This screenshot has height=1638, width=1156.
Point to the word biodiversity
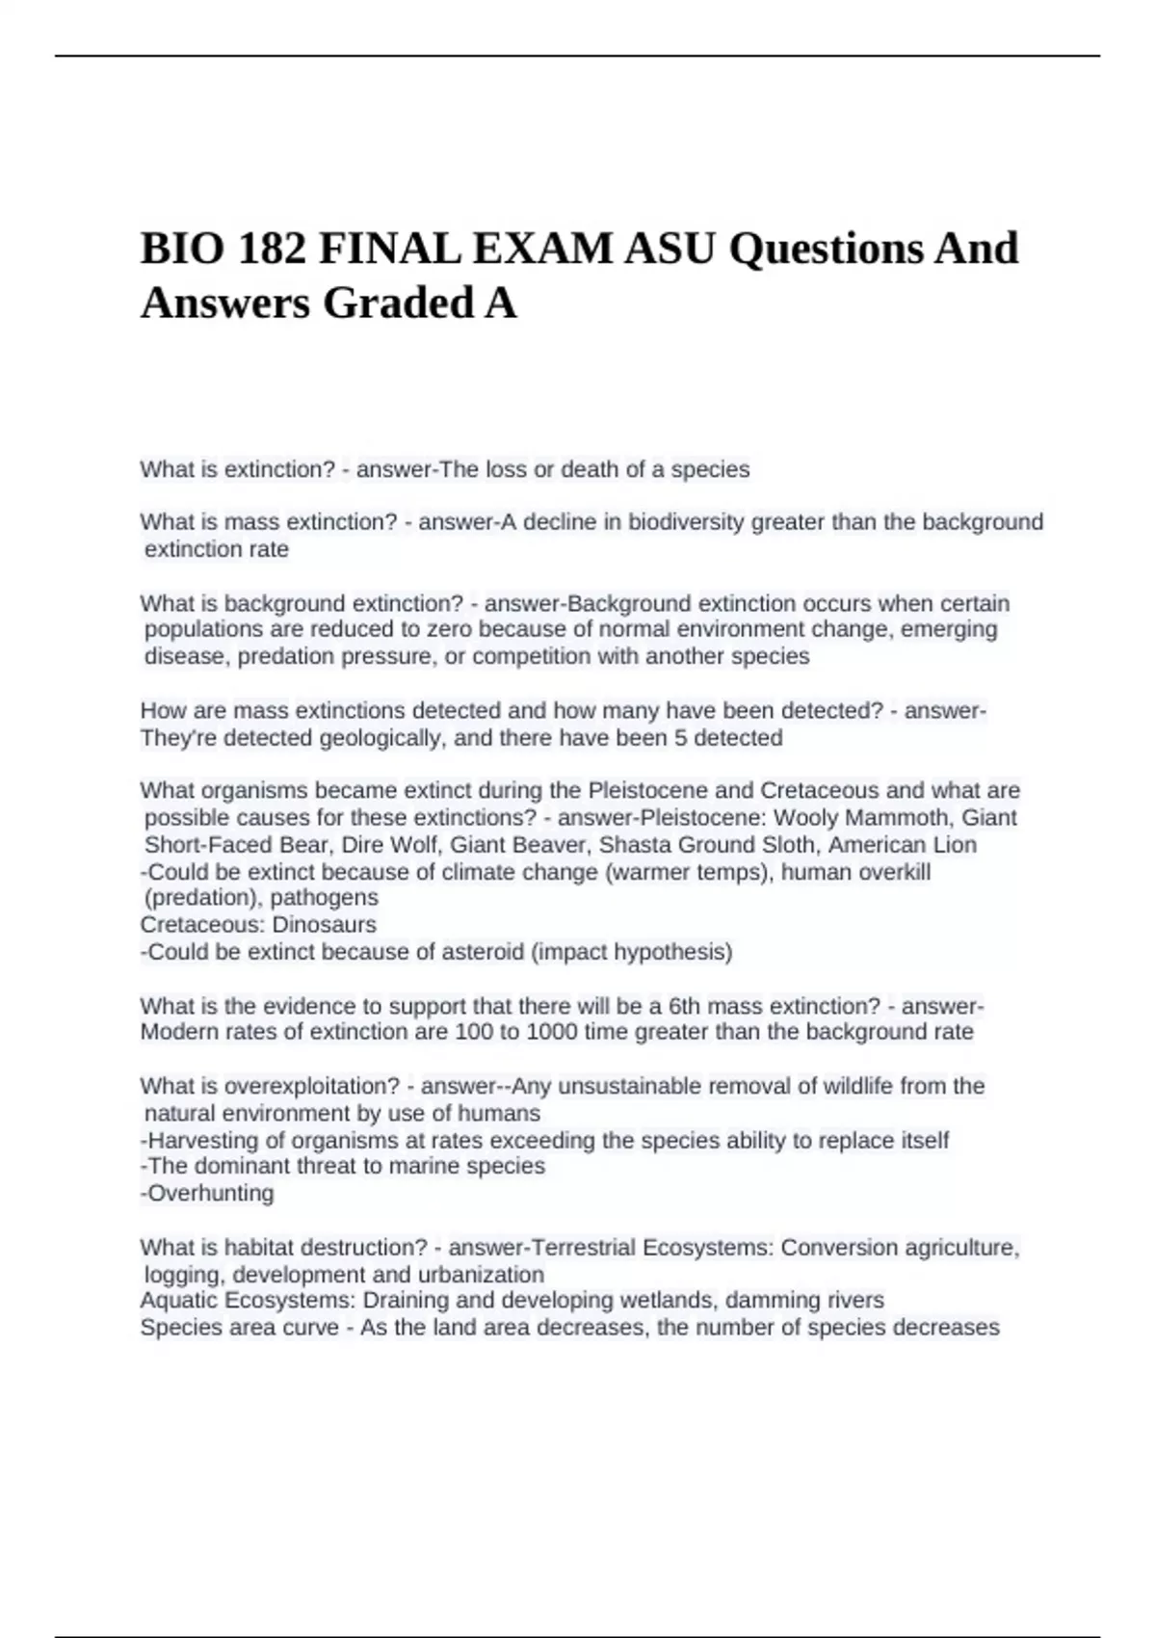[686, 522]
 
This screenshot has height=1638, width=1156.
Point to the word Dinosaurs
[325, 925]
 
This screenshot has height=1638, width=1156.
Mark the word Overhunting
[210, 1194]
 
